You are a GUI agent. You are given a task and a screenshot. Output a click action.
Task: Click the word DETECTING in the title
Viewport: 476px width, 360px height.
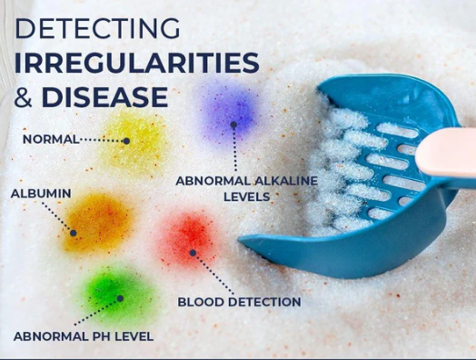pyautogui.click(x=97, y=28)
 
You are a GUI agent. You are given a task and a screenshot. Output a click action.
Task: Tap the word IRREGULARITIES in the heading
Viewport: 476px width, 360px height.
pyautogui.click(x=136, y=63)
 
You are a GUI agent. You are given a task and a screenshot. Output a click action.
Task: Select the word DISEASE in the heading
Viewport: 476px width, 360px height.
pyautogui.click(x=104, y=97)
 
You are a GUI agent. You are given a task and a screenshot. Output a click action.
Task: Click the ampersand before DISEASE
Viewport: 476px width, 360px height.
pyautogui.click(x=23, y=97)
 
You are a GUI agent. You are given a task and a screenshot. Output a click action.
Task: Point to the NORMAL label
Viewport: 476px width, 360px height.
pyautogui.click(x=51, y=139)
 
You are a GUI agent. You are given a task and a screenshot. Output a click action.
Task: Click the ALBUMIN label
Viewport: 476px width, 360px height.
pyautogui.click(x=41, y=194)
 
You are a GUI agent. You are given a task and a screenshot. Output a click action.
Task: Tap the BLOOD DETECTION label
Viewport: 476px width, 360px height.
pyautogui.click(x=239, y=302)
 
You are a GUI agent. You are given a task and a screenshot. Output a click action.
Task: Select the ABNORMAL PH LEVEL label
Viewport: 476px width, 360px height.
pyautogui.click(x=84, y=336)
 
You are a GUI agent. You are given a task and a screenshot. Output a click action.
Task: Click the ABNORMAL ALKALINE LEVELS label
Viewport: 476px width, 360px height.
pyautogui.click(x=246, y=189)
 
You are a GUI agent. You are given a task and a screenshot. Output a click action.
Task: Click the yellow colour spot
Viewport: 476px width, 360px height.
pyautogui.click(x=134, y=141)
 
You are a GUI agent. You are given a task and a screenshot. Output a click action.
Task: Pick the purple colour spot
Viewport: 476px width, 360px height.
pyautogui.click(x=232, y=113)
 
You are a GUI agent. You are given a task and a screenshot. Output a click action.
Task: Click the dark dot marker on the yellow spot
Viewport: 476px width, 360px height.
pyautogui.click(x=126, y=141)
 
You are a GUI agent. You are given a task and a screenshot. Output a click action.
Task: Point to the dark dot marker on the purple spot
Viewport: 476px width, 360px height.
pyautogui.click(x=233, y=125)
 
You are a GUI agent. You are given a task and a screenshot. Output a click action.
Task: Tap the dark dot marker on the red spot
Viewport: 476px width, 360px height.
pyautogui.click(x=193, y=253)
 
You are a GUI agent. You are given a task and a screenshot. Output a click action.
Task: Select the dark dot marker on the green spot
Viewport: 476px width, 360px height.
pyautogui.click(x=120, y=298)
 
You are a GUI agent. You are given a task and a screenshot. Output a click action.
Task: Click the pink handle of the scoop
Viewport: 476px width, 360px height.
pyautogui.click(x=446, y=152)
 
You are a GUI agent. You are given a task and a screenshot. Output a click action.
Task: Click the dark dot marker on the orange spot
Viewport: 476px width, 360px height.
pyautogui.click(x=74, y=233)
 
